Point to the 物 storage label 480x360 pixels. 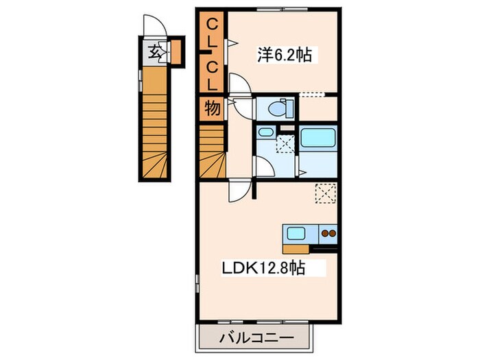click(x=212, y=108)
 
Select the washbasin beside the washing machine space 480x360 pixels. click(x=265, y=134)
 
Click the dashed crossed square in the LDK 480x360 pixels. click(x=325, y=193)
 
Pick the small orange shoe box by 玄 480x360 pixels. click(x=176, y=51)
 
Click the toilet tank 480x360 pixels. click(x=289, y=108)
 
